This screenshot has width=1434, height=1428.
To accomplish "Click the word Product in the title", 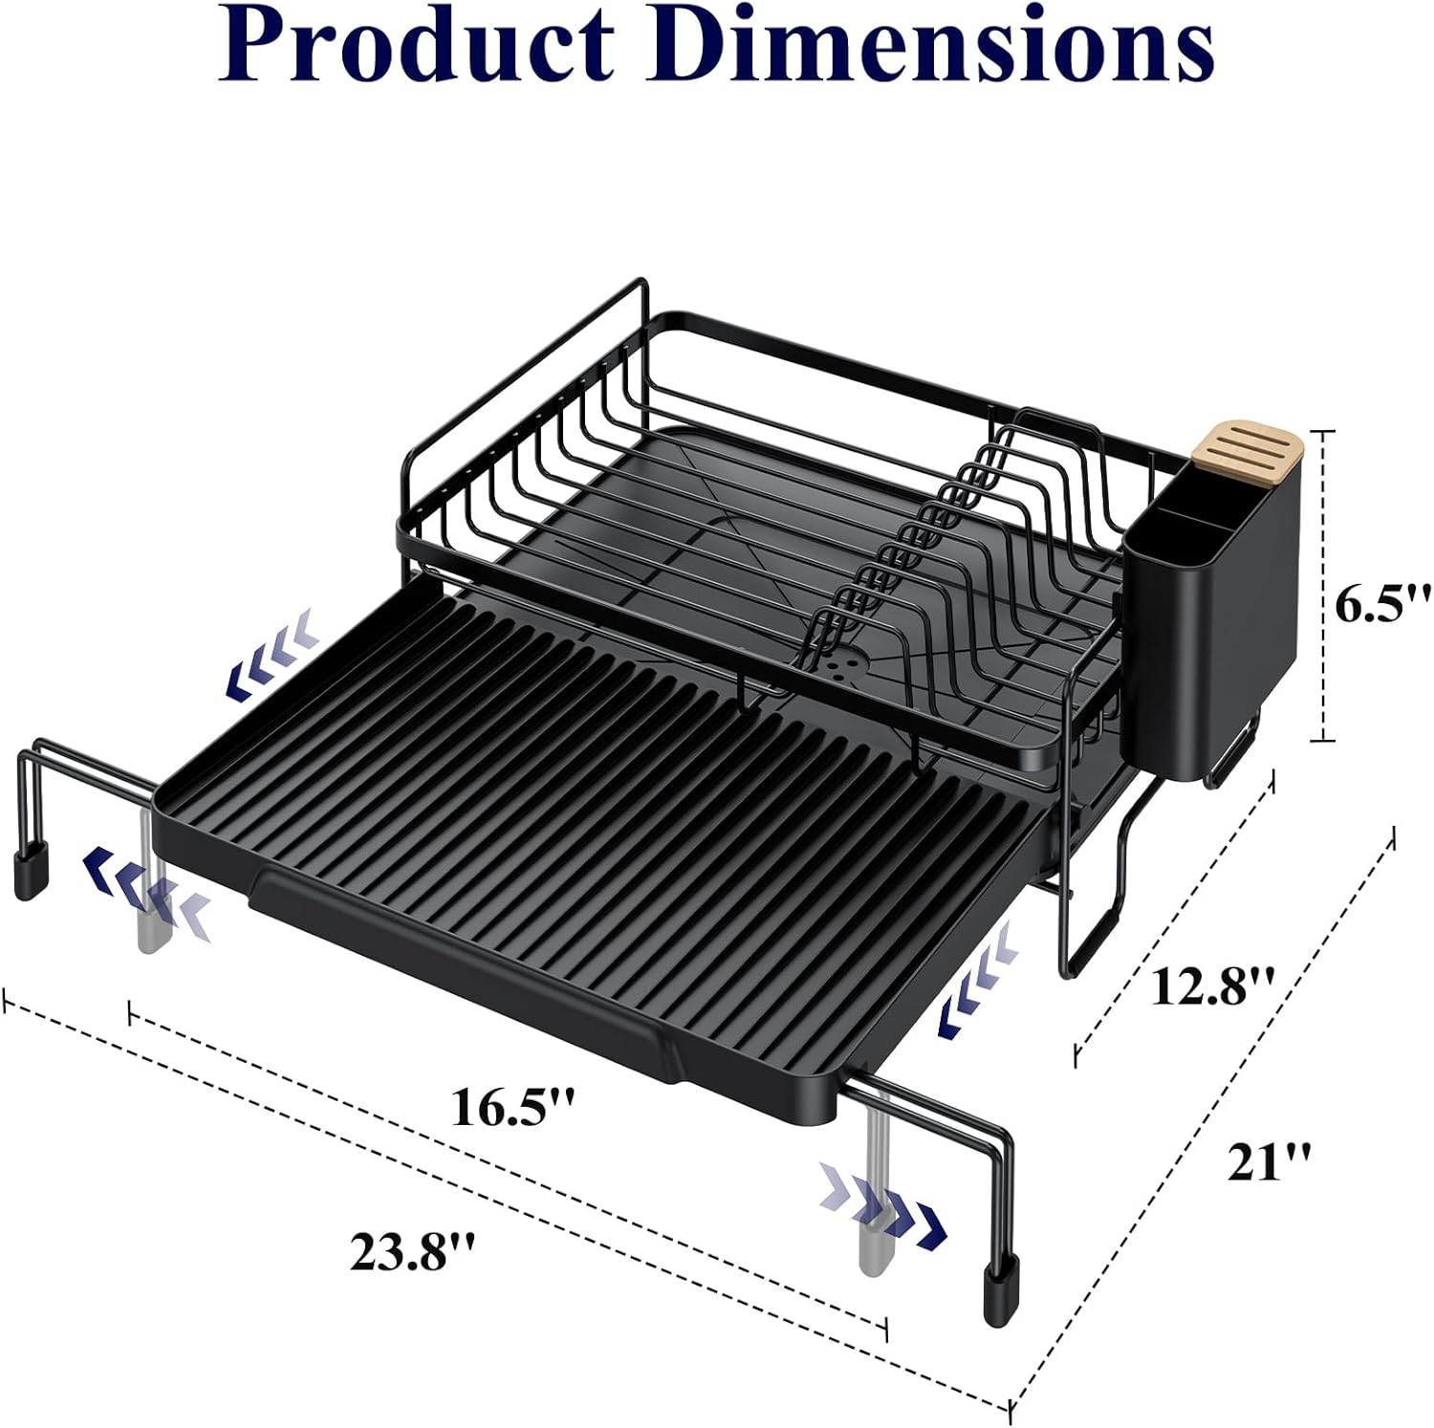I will pyautogui.click(x=417, y=48).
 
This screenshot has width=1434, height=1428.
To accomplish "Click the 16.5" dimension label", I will pyautogui.click(x=512, y=1108).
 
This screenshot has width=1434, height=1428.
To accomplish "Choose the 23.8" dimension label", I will pyautogui.click(x=412, y=1251).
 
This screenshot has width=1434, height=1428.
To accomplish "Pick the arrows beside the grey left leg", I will pyautogui.click(x=143, y=889).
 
